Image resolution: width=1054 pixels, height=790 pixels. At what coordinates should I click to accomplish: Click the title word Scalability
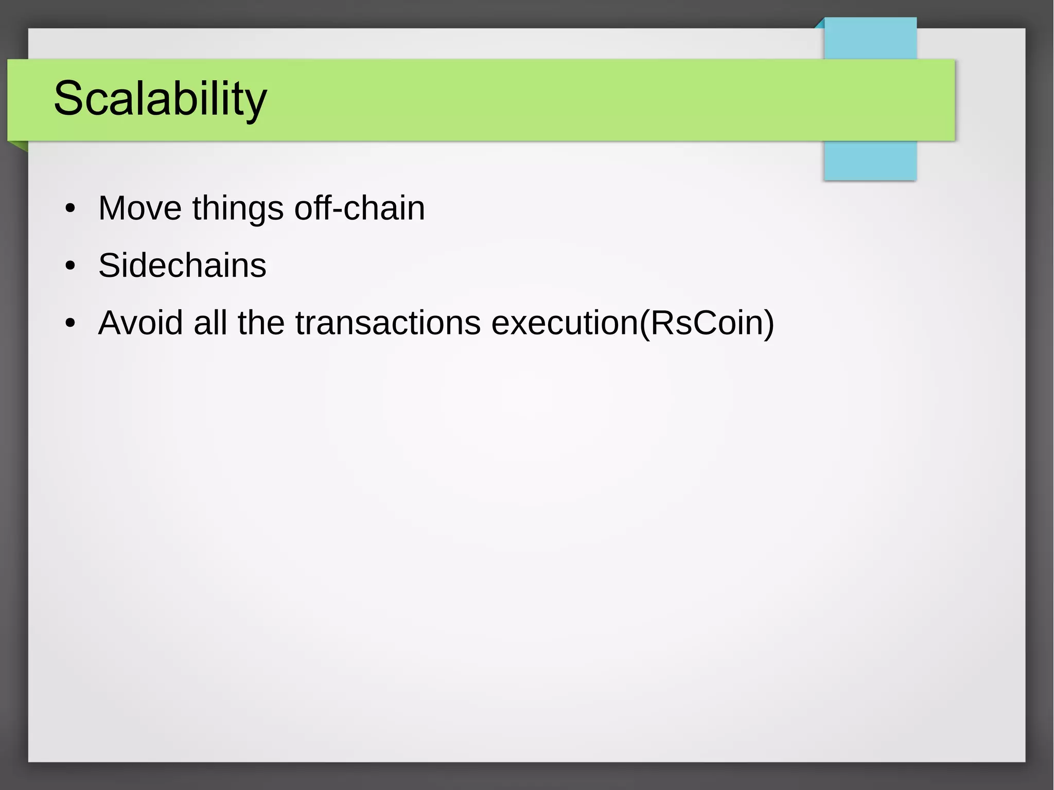pyautogui.click(x=160, y=98)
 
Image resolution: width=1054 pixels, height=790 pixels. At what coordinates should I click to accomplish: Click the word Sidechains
pyautogui.click(x=182, y=266)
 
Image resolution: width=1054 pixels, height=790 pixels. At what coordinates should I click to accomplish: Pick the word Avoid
pyautogui.click(x=140, y=323)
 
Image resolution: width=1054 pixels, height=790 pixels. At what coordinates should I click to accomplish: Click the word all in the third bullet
pyautogui.click(x=210, y=323)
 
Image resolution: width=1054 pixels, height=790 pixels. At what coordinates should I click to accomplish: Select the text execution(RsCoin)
pyautogui.click(x=633, y=323)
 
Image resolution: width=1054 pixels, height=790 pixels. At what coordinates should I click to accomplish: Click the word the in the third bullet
pyautogui.click(x=261, y=323)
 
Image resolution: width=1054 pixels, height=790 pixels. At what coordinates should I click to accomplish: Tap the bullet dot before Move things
pyautogui.click(x=71, y=209)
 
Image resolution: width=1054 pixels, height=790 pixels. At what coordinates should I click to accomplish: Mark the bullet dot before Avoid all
pyautogui.click(x=71, y=324)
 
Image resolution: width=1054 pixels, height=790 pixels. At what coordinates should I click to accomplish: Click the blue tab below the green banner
pyautogui.click(x=870, y=160)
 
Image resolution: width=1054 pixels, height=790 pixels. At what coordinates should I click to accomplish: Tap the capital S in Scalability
pyautogui.click(x=68, y=98)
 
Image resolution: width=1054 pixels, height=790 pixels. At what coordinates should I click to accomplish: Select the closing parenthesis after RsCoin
pyautogui.click(x=768, y=324)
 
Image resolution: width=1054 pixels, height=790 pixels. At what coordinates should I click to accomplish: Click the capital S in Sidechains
pyautogui.click(x=109, y=266)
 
